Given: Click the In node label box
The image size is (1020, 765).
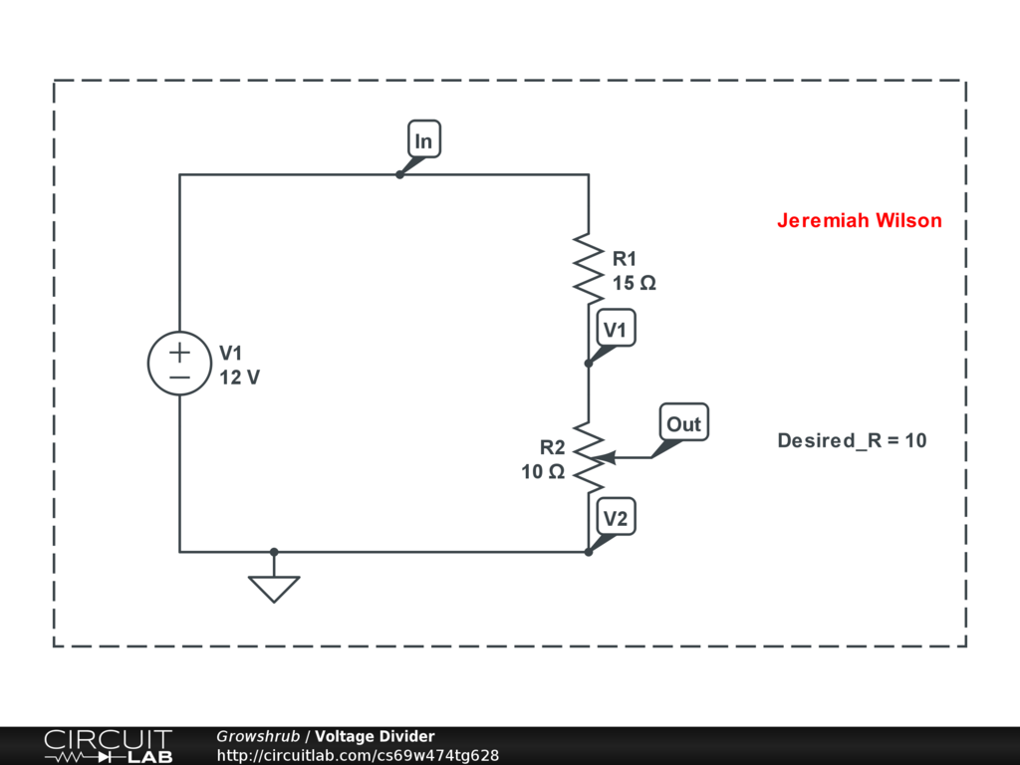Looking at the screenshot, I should [423, 141].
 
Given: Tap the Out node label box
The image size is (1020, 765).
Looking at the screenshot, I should [684, 424].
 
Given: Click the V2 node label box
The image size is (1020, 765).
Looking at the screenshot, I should [616, 519].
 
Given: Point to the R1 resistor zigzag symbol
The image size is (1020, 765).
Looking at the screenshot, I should [588, 267].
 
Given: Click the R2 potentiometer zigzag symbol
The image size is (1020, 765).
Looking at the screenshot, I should [588, 458].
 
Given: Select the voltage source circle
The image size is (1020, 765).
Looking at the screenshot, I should [179, 364].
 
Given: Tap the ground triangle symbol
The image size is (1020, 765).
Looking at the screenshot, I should [274, 588].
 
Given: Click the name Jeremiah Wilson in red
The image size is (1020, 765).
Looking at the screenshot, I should [859, 221].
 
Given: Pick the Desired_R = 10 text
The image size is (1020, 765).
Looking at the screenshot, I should [852, 440].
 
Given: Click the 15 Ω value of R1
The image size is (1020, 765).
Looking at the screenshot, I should [635, 283].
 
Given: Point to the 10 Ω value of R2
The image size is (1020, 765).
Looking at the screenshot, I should [543, 472].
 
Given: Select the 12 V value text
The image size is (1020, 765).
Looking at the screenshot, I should [240, 379].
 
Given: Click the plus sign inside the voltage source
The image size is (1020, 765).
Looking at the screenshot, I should [179, 352].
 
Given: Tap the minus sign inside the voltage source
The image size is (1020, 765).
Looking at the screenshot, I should [179, 377].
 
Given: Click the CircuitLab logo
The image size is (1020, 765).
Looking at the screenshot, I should [108, 746].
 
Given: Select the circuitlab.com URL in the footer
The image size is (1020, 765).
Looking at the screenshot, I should [358, 756].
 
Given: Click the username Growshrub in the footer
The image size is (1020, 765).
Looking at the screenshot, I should [258, 737].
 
